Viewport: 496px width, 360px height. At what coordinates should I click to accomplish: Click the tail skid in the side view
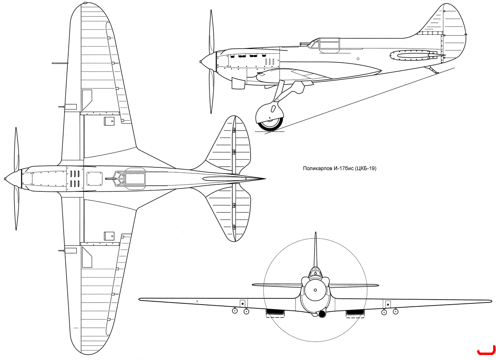tap(432, 70)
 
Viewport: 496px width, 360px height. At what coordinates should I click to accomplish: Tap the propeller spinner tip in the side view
tap(200, 62)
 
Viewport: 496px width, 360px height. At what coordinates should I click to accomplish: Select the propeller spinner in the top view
tap(13, 179)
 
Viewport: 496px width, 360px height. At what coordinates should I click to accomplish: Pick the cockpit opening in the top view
tap(135, 179)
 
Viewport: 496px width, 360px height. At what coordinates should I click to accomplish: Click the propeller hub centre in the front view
tap(315, 290)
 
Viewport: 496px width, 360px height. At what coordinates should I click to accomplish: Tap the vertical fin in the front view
tap(315, 250)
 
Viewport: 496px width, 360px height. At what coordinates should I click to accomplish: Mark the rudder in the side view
tap(454, 33)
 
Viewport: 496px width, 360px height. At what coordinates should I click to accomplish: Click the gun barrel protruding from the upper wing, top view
tap(60, 63)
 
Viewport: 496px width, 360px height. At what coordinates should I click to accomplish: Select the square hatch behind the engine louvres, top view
tap(95, 179)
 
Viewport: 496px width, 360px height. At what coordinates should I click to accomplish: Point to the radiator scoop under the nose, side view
tap(238, 83)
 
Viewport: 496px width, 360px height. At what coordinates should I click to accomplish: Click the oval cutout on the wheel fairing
tap(274, 109)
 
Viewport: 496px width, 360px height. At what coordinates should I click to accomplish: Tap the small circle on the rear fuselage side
tap(358, 59)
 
